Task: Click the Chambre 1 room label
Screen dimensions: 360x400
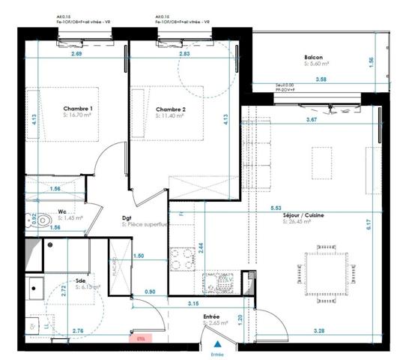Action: [x=78, y=109]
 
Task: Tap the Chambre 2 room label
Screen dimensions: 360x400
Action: [x=170, y=109]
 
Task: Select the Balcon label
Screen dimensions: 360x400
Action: [x=313, y=58]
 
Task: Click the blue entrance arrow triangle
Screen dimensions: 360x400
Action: [x=217, y=341]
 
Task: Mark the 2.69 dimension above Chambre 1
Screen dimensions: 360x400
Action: [x=76, y=54]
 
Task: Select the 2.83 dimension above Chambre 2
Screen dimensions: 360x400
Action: [x=174, y=54]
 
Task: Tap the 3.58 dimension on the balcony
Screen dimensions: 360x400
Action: [x=321, y=79]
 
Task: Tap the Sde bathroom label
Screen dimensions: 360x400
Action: [x=79, y=282]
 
